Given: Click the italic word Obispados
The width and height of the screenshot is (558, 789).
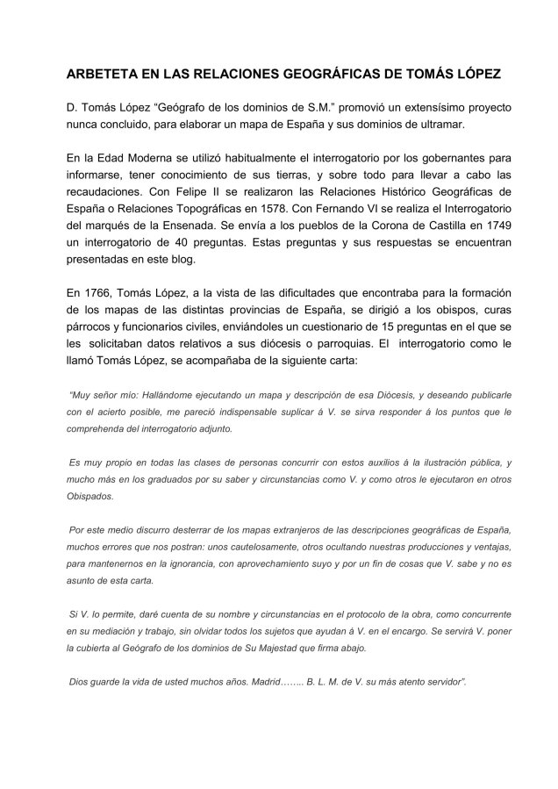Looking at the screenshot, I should [x=91, y=494].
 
